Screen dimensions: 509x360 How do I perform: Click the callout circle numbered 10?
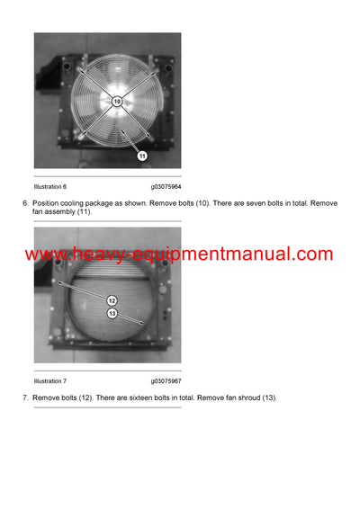coord(117,102)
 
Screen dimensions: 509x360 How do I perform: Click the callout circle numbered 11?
coord(141,155)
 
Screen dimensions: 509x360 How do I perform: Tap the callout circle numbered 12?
coord(112,300)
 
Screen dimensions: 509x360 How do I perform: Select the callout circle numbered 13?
coord(112,313)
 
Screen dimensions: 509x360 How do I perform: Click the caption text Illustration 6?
coord(50,186)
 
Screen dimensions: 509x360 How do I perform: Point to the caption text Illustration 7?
coord(50,381)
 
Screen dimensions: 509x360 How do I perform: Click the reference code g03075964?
coord(166,186)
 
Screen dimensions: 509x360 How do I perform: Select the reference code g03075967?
coord(166,381)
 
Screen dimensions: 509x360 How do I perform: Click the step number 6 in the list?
coord(25,203)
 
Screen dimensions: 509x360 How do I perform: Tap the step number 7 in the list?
coord(25,397)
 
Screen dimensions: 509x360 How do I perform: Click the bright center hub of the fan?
coord(117,102)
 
